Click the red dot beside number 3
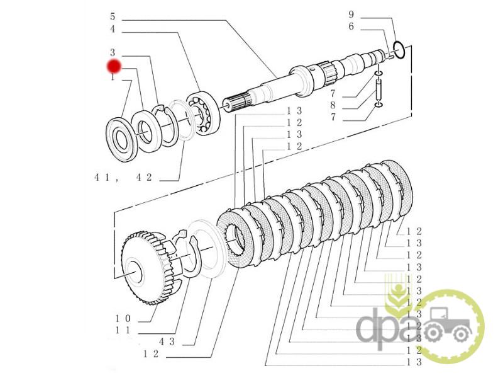coord(114,66)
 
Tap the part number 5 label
coord(112,16)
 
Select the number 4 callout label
coord(112,29)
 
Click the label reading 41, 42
coord(123,178)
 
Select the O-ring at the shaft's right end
coord(399,48)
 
